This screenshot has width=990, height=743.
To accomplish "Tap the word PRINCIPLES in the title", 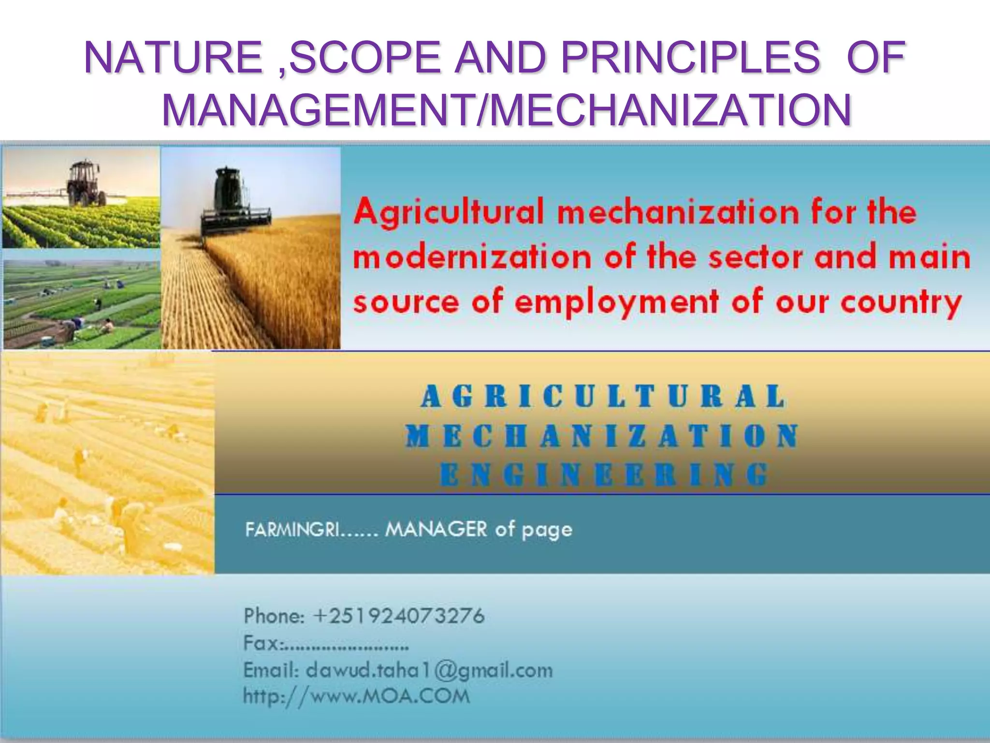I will [690, 58].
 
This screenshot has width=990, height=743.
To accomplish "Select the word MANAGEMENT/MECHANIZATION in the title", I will [506, 110].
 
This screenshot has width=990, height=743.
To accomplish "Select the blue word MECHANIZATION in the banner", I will [602, 436].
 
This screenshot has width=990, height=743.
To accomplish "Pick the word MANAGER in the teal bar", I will [436, 530].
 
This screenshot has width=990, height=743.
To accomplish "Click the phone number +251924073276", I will [398, 616].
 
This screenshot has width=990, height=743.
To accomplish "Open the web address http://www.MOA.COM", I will [356, 697].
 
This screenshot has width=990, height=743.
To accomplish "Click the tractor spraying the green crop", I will [87, 184].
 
